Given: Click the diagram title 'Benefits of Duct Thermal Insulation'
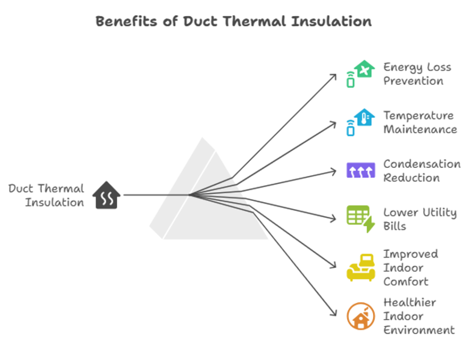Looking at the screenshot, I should tap(233, 21).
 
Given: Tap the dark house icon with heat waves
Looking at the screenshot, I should tap(106, 195).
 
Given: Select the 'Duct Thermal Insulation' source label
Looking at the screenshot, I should tap(47, 195).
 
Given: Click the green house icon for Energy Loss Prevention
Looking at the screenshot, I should tap(361, 74).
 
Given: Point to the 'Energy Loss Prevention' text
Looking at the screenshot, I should tap(417, 74).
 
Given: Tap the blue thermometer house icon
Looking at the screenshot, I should tap(361, 122).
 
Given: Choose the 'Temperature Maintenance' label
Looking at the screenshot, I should tap(420, 122).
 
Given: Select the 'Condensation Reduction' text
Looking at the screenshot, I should tap(421, 170).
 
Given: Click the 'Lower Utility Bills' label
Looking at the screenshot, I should tap(420, 219).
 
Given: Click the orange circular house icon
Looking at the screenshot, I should tap(361, 316).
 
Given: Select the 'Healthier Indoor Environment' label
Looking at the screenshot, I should tap(419, 316).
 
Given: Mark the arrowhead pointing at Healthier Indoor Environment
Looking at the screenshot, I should tap(335, 314).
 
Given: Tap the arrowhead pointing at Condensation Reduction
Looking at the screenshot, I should tap(335, 171).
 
